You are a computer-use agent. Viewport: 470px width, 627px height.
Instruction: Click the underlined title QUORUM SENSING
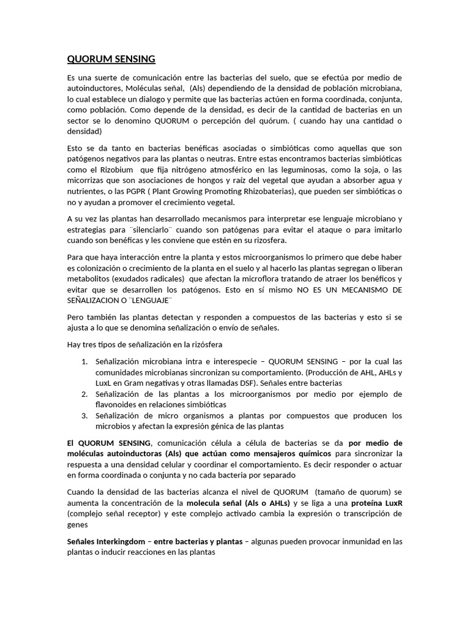111,59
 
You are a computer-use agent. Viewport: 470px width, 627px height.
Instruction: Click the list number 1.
84,361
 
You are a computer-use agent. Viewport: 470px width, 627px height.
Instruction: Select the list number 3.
84,416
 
